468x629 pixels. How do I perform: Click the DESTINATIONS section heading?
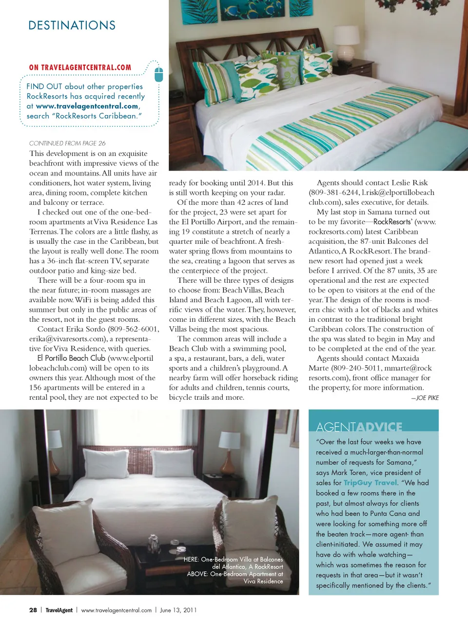[72, 25]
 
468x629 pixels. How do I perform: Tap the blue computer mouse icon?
[158, 75]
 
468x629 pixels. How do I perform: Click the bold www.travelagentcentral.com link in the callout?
[87, 106]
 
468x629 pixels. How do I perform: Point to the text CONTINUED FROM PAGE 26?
[67, 143]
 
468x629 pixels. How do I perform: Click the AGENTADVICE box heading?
[359, 427]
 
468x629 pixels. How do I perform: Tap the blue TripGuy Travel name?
[370, 483]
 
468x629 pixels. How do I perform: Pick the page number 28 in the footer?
[33, 610]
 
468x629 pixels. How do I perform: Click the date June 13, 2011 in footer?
[178, 610]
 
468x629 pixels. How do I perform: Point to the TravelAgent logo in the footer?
[59, 610]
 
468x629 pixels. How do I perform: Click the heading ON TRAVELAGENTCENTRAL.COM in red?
[80, 68]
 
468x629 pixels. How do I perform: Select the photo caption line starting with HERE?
[233, 559]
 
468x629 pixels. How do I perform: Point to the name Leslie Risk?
[406, 183]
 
